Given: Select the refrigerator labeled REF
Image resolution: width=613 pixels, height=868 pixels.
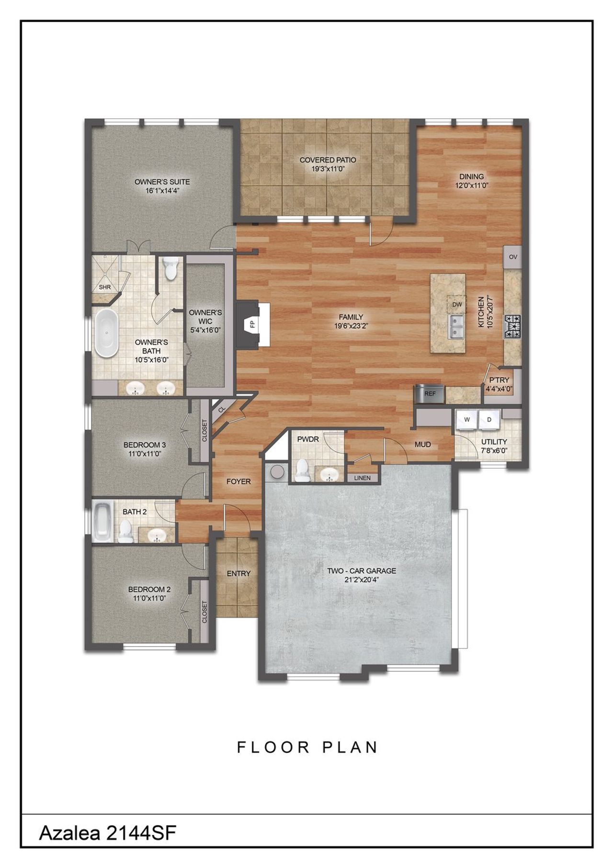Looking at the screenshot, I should click(x=430, y=393).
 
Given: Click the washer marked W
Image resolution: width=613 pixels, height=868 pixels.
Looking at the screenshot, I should click(x=466, y=419).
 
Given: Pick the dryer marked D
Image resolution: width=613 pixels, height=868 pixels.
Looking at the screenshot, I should click(x=489, y=419).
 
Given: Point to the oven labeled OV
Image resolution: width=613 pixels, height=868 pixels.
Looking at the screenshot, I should click(x=513, y=257).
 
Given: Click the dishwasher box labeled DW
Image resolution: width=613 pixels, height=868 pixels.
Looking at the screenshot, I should click(x=457, y=304).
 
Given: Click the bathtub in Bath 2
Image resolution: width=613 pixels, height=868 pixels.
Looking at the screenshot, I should click(x=102, y=521).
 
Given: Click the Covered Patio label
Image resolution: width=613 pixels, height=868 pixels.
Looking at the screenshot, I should click(x=328, y=160).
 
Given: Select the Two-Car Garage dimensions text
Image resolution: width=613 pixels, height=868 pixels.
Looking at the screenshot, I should click(x=362, y=579).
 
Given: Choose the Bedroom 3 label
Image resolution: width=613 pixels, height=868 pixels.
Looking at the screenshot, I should click(x=145, y=445).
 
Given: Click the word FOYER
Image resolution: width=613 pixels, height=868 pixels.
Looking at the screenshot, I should click(x=238, y=481).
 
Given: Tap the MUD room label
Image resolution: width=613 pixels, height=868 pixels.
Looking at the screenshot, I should click(x=423, y=444).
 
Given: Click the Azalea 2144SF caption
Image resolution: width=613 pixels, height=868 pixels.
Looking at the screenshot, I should click(x=108, y=846).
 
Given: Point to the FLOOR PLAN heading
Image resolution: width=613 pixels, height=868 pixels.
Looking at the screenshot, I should click(x=308, y=747).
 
